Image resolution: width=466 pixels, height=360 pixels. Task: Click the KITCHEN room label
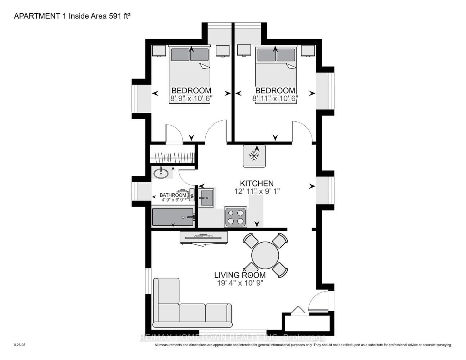pyautogui.click(x=257, y=184)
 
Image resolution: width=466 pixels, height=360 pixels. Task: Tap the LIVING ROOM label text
pyautogui.click(x=240, y=275)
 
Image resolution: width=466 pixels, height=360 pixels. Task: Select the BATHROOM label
pyautogui.click(x=173, y=195)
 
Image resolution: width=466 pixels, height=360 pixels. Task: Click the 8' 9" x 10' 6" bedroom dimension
pyautogui.click(x=191, y=99)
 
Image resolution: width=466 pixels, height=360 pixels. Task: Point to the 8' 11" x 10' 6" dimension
pyautogui.click(x=275, y=99)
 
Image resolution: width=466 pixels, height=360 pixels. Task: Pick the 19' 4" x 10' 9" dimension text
pyautogui.click(x=240, y=283)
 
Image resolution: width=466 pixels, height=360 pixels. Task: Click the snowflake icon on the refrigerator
pyautogui.click(x=254, y=156)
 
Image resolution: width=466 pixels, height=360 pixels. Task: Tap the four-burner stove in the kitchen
pyautogui.click(x=236, y=217)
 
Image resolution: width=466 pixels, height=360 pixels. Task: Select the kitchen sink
pyautogui.click(x=206, y=198)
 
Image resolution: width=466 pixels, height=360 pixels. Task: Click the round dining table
pyautogui.click(x=265, y=256)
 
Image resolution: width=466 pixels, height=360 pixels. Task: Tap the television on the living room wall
pyautogui.click(x=203, y=238)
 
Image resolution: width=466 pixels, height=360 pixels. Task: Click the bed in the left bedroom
pyautogui.click(x=189, y=75)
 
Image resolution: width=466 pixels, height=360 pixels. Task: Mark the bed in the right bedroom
pyautogui.click(x=276, y=75)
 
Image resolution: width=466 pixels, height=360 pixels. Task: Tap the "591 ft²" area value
pyautogui.click(x=120, y=16)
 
